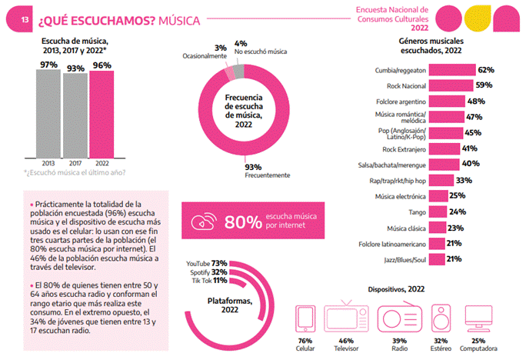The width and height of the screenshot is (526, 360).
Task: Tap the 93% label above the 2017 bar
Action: [x=75, y=67]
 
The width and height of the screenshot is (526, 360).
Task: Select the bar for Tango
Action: [x=437, y=212]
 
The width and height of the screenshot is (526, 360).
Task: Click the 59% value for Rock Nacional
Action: [x=484, y=85]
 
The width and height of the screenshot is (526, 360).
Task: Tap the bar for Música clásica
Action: [x=436, y=228]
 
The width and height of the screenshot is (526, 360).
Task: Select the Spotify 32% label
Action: [x=207, y=272]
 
